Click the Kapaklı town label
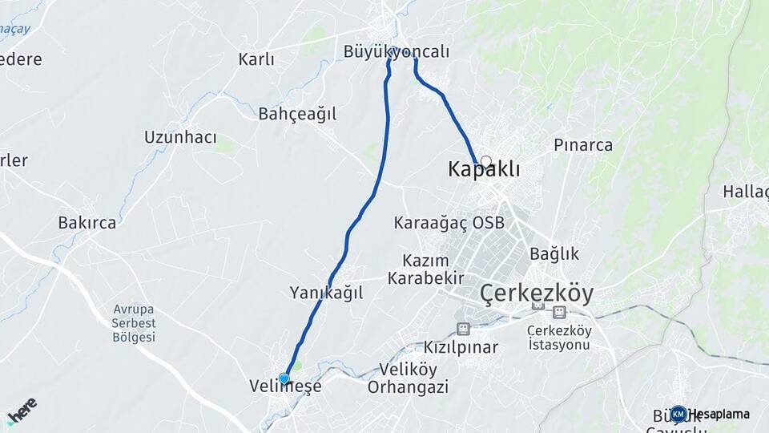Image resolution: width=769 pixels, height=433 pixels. click(484, 170)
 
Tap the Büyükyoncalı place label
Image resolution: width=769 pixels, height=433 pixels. click(396, 51)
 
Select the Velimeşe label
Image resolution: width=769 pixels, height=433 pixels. click(285, 386)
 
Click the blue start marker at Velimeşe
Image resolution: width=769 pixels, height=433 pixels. click(284, 378)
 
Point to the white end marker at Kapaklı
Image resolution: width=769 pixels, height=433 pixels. click(485, 161)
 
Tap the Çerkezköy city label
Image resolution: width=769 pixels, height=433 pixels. click(537, 294)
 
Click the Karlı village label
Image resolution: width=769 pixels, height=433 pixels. click(256, 59)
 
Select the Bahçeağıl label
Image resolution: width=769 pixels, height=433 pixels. click(297, 114)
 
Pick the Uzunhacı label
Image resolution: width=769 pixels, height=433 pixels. click(180, 137)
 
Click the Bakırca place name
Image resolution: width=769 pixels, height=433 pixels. click(87, 223)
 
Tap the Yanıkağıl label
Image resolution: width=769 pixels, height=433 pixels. click(326, 293)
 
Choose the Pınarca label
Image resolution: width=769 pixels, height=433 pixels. click(583, 145)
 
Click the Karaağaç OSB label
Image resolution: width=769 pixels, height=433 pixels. click(449, 223)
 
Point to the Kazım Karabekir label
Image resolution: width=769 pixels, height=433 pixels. click(425, 269)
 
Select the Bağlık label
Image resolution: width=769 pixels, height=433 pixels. click(554, 253)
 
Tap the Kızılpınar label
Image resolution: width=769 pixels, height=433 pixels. click(461, 347)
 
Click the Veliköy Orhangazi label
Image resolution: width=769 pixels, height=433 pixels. click(408, 378)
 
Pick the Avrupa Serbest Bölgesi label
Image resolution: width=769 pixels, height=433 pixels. click(134, 323)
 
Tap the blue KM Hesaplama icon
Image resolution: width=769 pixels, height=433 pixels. click(678, 414)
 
